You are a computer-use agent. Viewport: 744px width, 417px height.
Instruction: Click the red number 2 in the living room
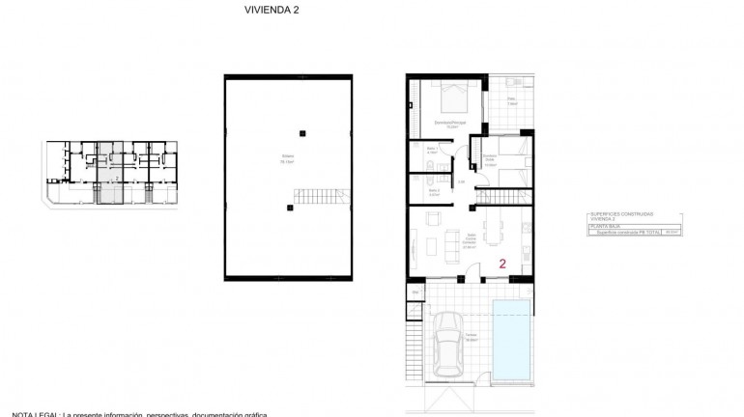(502, 262)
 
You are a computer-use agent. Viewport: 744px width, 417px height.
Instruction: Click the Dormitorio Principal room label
(451, 124)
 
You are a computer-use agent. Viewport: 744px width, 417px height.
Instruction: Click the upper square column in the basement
(302, 132)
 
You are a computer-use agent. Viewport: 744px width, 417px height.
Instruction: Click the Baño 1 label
(432, 150)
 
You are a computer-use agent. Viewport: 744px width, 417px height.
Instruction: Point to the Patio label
(511, 98)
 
